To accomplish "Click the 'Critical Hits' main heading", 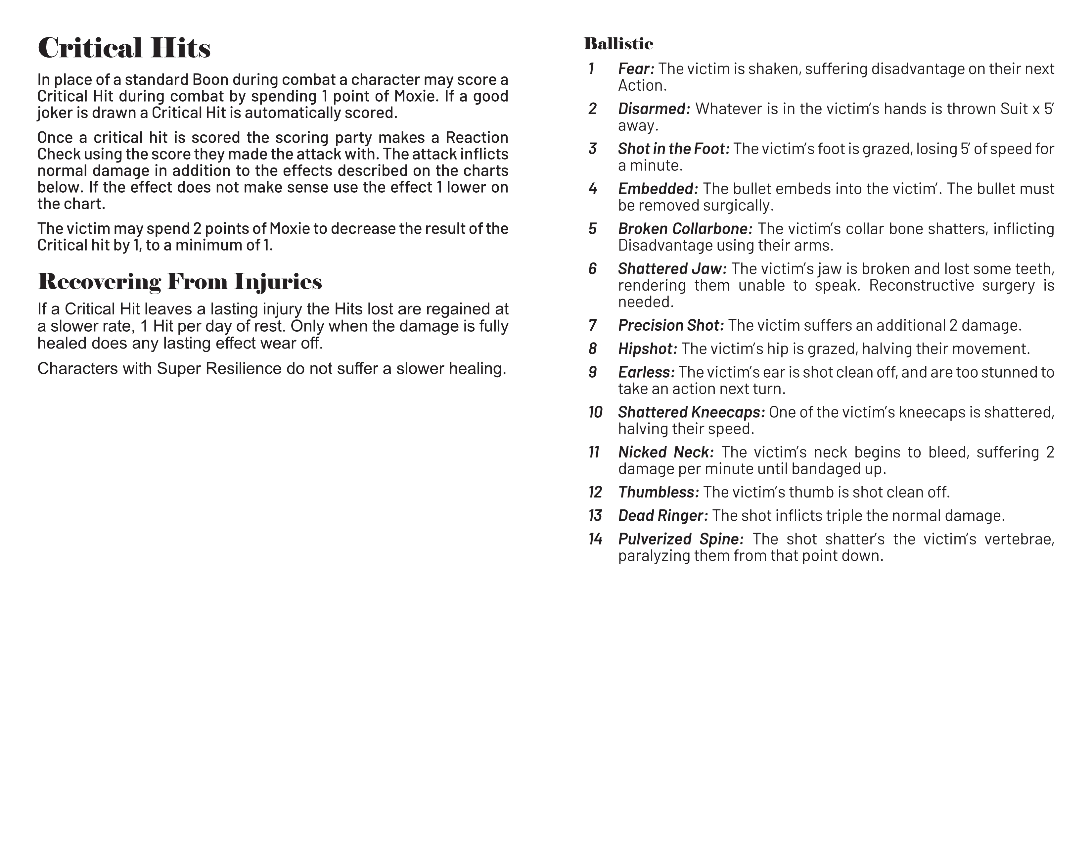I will pos(124,49).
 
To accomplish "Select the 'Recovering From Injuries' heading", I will pos(179,282).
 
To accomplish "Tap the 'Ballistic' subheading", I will pos(618,44).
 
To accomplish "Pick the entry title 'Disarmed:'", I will pos(654,109).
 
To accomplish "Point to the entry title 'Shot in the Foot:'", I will pos(673,149).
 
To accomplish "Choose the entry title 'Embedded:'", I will pos(658,189).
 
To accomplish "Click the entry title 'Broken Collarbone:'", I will pos(685,229).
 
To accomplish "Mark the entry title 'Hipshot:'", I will pos(648,349).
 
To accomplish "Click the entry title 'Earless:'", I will pos(646,372).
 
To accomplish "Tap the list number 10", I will pos(596,412).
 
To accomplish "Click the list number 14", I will pos(596,539).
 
